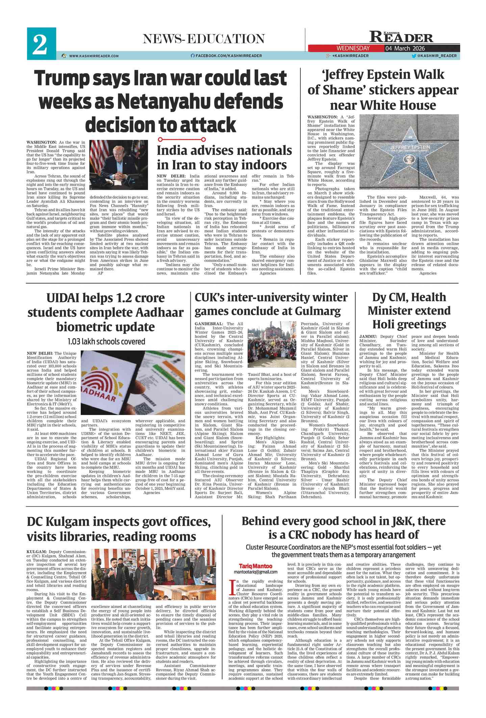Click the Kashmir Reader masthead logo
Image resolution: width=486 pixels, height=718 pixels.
click(401, 37)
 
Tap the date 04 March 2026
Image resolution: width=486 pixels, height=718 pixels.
click(405, 48)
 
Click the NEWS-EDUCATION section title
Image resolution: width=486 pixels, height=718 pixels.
click(204, 39)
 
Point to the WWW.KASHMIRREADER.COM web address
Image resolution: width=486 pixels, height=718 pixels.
click(94, 56)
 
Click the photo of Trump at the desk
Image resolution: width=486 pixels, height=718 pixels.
click(119, 167)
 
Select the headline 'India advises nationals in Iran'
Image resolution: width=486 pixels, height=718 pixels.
click(224, 158)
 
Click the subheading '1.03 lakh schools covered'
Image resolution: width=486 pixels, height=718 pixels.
click(106, 341)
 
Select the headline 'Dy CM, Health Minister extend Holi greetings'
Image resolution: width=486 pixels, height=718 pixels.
click(409, 311)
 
